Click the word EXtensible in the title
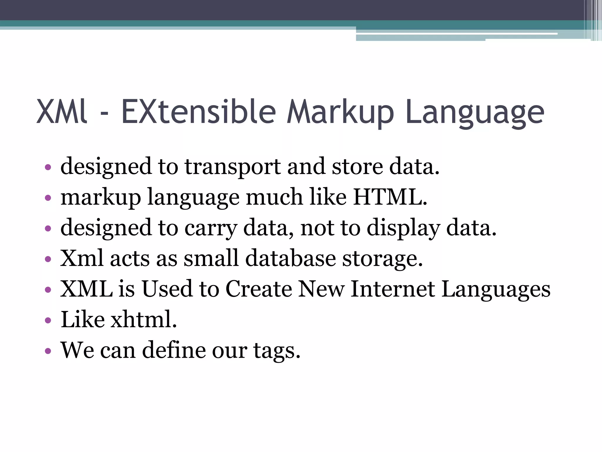point(198,112)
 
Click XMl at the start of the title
point(62,112)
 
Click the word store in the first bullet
point(357,167)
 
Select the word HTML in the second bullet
point(390,197)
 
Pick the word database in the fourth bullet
point(290,258)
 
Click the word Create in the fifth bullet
point(259,289)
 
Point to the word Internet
point(393,289)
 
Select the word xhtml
point(144,320)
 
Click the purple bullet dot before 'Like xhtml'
point(48,320)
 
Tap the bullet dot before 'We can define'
point(48,351)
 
